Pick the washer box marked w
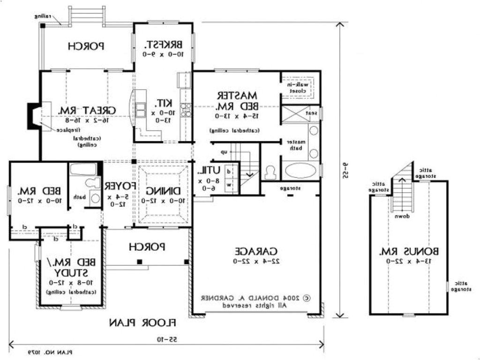click(x=229, y=185)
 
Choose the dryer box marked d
click(x=229, y=172)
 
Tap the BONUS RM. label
click(x=407, y=251)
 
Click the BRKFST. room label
click(x=163, y=45)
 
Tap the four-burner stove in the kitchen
click(x=186, y=110)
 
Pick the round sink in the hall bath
click(x=95, y=197)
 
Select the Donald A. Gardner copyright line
click(x=256, y=297)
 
